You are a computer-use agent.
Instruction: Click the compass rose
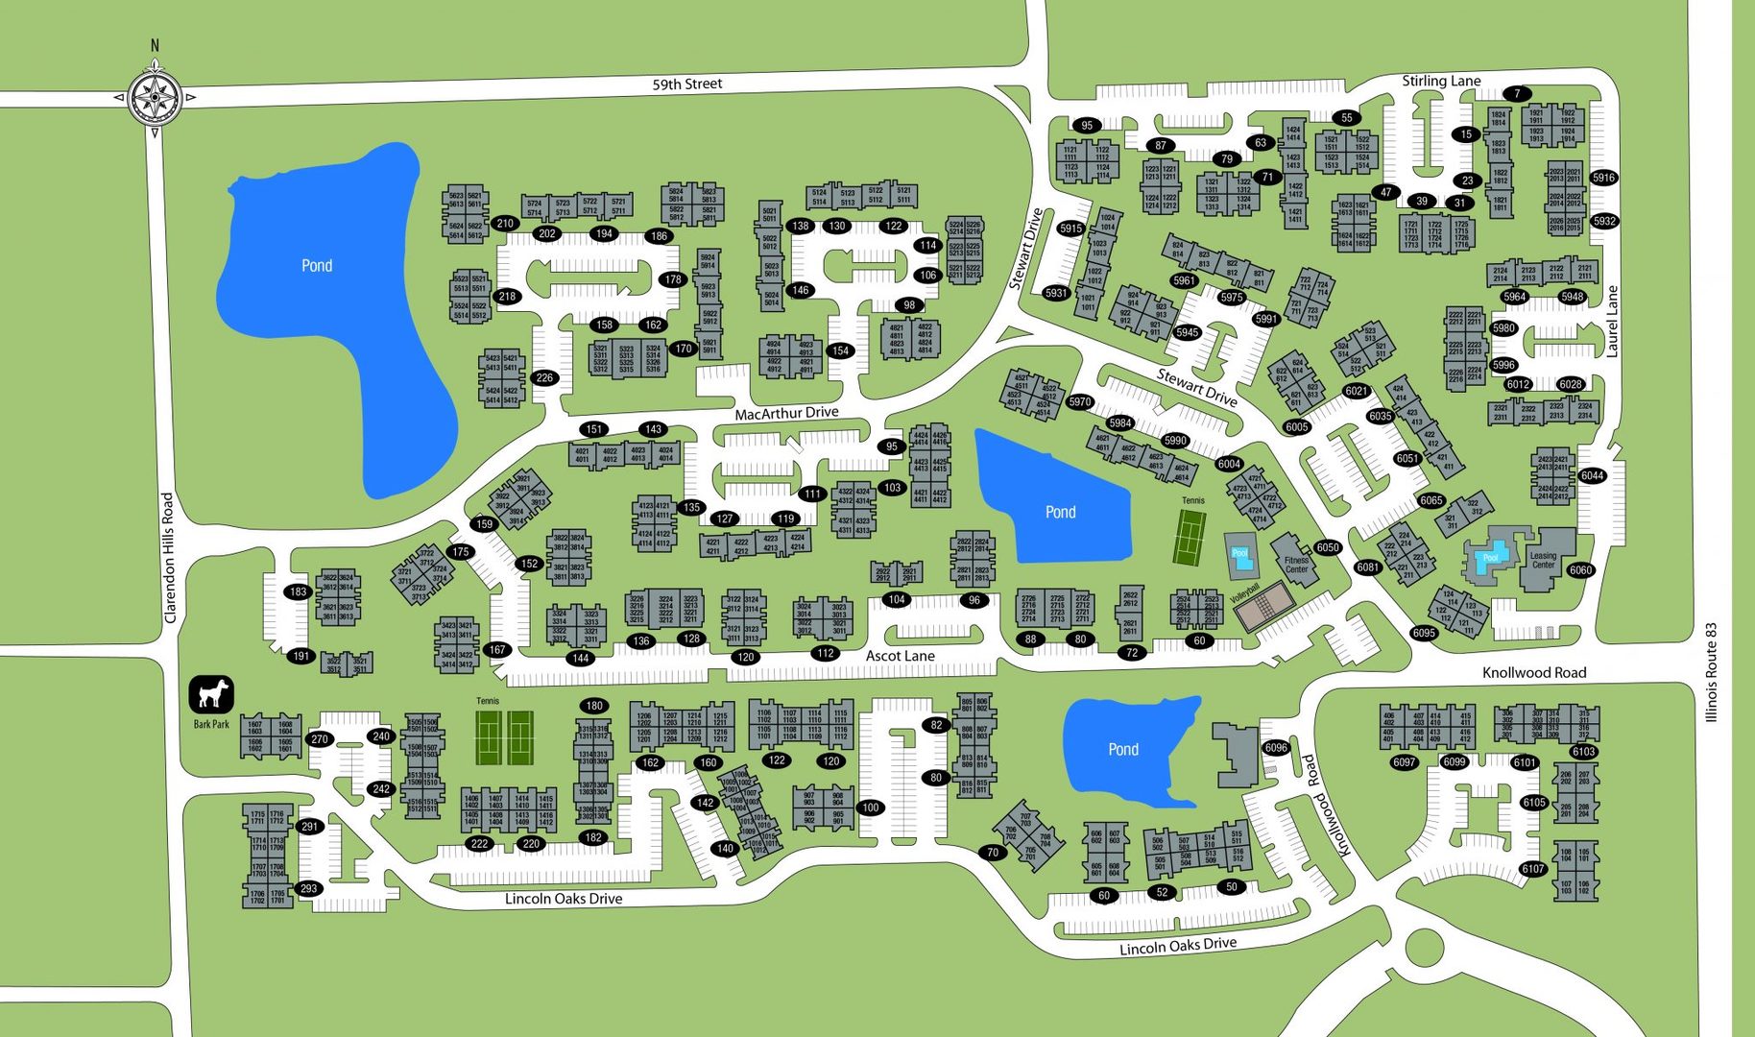(x=155, y=97)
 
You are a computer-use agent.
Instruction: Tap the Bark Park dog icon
(x=211, y=693)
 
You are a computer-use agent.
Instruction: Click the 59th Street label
(x=686, y=84)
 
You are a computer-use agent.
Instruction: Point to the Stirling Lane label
(x=1440, y=82)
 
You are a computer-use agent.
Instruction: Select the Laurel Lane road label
(x=1612, y=322)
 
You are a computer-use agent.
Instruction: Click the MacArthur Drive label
(x=786, y=413)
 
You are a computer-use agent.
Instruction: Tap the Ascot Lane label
(x=900, y=656)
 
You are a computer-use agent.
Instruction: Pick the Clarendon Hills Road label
(x=169, y=558)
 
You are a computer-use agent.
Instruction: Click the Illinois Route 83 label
(x=1710, y=672)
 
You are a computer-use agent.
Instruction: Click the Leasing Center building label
(x=1543, y=560)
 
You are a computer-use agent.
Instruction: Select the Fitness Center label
(x=1296, y=565)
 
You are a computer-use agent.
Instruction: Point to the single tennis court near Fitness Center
(x=1190, y=537)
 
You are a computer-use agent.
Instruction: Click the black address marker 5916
(x=1603, y=178)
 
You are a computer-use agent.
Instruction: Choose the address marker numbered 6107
(x=1532, y=869)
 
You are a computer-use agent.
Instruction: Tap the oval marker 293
(x=308, y=888)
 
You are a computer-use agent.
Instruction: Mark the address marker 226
(x=544, y=377)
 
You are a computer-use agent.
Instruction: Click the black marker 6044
(x=1592, y=475)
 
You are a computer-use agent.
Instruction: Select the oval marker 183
(x=298, y=591)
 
